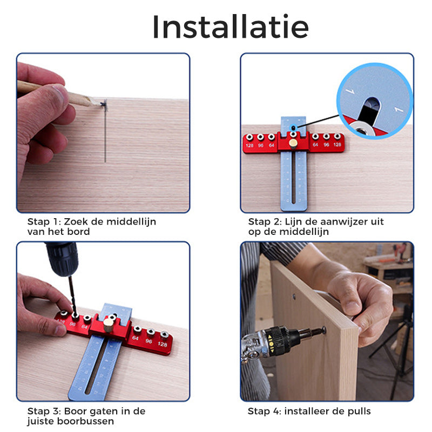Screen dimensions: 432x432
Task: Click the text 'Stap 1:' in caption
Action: [45, 221]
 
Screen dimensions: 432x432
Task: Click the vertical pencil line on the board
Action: [105, 135]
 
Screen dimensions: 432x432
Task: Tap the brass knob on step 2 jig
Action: [292, 143]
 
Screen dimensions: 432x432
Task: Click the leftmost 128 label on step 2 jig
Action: [249, 145]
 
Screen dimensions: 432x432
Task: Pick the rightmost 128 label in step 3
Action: [163, 344]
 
